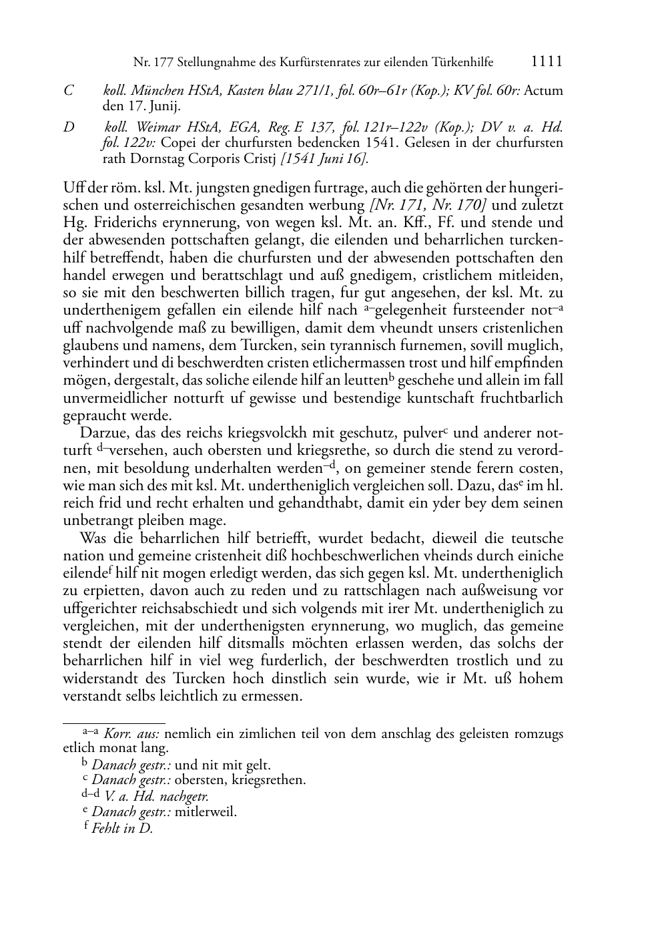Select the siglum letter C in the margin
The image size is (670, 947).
tap(68, 90)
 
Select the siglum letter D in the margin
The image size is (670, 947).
tap(69, 127)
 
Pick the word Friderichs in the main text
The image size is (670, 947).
tap(123, 222)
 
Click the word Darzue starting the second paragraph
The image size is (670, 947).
tap(102, 433)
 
